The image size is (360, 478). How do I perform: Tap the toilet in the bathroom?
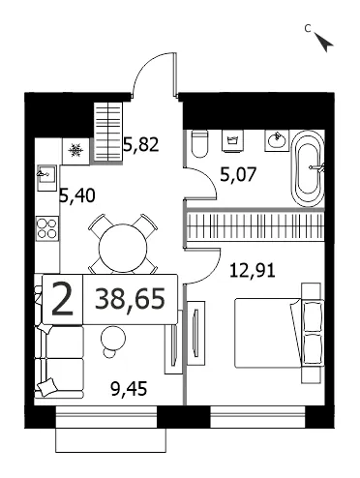(199, 144)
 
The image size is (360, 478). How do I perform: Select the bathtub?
(308, 168)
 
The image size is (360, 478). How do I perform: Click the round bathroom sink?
(277, 140)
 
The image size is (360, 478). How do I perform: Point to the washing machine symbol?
(232, 140)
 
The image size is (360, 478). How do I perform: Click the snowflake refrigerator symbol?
(75, 150)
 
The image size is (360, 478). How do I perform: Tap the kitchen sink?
(47, 174)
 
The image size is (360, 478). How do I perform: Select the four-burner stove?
(47, 228)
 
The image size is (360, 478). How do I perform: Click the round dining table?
(123, 248)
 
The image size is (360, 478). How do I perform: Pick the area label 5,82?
(141, 144)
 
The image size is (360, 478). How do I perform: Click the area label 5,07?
(238, 175)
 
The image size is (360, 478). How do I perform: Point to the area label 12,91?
(253, 270)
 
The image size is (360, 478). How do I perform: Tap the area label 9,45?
(129, 389)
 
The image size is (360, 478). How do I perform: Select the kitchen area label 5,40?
(77, 195)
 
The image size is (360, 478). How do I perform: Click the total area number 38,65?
(130, 298)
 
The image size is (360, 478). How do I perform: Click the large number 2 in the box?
(63, 299)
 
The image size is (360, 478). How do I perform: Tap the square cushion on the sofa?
(46, 386)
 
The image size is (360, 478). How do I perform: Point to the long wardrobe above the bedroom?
(255, 225)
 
